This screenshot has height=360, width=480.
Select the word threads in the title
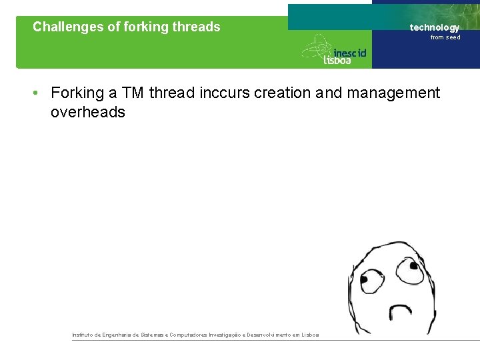[196, 27]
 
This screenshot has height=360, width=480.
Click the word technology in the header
[435, 27]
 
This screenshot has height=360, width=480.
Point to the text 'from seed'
[445, 37]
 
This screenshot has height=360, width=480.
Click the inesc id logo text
[349, 51]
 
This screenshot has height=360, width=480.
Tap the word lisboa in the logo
[337, 60]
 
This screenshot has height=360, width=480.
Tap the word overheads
[88, 112]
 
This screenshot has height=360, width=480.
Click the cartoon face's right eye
[407, 270]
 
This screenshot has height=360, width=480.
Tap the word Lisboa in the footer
[309, 335]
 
